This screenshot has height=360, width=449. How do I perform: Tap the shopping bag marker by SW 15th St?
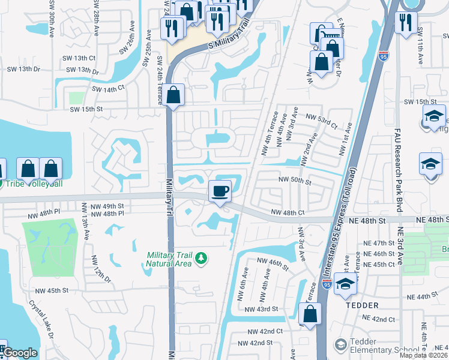(x=173, y=95)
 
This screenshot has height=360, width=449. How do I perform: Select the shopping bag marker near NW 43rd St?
(x=309, y=314)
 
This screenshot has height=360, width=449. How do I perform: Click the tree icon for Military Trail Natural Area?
(x=202, y=259)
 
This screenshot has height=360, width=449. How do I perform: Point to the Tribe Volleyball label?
(x=30, y=184)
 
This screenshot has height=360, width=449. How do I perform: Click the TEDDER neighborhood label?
(x=362, y=305)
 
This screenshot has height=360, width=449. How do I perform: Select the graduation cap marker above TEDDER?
(x=346, y=284)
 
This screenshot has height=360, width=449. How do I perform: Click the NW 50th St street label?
(x=294, y=180)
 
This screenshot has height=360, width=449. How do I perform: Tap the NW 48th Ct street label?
(x=289, y=212)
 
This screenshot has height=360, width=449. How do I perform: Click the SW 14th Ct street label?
(x=108, y=89)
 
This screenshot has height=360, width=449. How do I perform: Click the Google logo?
(x=20, y=353)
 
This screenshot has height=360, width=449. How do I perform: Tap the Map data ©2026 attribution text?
(x=423, y=355)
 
